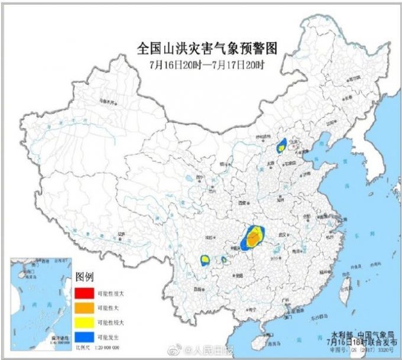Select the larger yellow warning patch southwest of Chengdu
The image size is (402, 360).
(205, 259)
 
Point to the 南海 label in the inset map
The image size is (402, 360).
(37, 304)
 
